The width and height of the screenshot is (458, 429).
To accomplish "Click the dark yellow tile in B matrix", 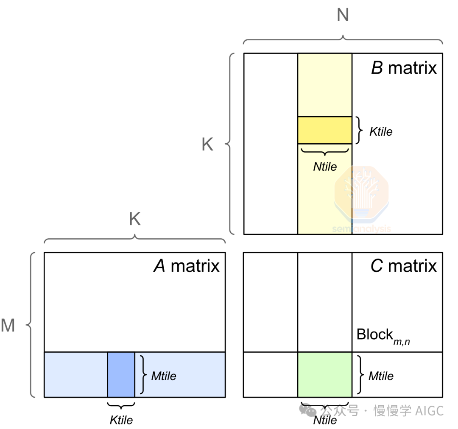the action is click(324, 130).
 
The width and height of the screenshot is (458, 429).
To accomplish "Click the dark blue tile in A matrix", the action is click(121, 375).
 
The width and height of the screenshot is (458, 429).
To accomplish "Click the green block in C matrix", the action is click(324, 375).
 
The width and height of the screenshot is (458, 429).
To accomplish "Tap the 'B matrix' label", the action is click(404, 68).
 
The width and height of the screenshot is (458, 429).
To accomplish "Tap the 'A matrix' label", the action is click(186, 266).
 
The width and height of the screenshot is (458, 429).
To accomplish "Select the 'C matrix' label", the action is click(404, 266).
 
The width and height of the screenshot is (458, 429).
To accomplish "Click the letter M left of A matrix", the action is click(8, 325).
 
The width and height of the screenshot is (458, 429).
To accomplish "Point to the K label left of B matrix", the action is click(207, 144).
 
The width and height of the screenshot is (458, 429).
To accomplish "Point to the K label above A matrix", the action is click(135, 219).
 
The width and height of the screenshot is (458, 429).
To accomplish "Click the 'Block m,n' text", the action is click(383, 337).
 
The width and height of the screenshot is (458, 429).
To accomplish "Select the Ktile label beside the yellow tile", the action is click(381, 132).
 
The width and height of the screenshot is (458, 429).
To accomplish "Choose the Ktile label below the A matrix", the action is click(121, 420).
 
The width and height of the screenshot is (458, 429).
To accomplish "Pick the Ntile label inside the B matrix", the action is click(325, 167).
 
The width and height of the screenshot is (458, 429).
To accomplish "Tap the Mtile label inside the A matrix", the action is click(164, 376).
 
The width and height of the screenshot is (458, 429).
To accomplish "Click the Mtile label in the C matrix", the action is click(381, 376).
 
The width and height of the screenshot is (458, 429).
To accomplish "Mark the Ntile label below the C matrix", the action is click(325, 420).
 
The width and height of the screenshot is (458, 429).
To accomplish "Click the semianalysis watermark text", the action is click(362, 228).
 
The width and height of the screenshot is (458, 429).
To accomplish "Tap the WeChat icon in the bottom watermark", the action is click(307, 410).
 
